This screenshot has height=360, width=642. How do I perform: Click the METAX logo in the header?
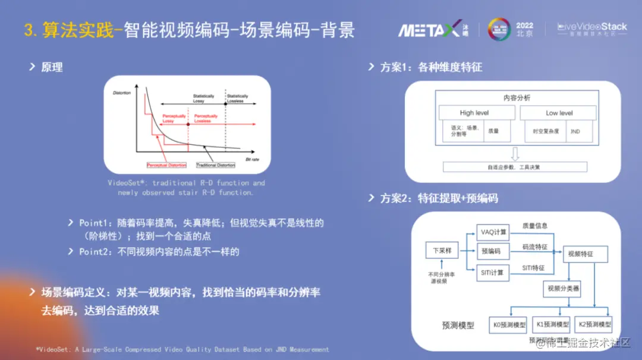(x=429, y=29)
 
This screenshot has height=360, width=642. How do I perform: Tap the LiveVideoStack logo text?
(x=592, y=27)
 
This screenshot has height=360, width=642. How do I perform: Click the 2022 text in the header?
(x=525, y=26)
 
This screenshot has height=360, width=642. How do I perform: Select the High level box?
(x=474, y=113)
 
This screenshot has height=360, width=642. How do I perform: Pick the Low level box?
(x=559, y=113)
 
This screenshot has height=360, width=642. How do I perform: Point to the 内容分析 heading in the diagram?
(x=517, y=97)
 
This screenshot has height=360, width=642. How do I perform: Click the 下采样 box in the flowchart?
(x=442, y=251)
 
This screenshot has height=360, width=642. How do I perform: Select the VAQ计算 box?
(x=493, y=232)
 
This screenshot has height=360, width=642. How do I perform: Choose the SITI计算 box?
(x=493, y=272)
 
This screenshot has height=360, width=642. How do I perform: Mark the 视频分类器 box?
(x=561, y=289)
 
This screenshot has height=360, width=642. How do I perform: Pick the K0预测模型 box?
(x=509, y=325)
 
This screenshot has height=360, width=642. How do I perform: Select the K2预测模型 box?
(x=594, y=325)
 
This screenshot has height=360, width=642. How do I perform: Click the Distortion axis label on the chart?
(x=121, y=93)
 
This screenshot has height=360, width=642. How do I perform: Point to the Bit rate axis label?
(x=253, y=160)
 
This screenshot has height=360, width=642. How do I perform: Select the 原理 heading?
(x=52, y=67)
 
